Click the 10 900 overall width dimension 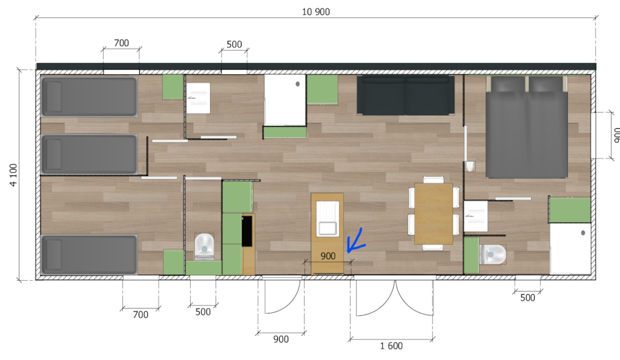(315, 12)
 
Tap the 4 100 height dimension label (13, 175)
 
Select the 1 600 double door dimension (391, 346)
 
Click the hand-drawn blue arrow (355, 241)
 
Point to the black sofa (406, 95)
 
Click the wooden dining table (434, 214)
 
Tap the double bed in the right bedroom (526, 127)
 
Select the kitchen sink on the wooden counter (328, 218)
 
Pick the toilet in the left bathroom (204, 246)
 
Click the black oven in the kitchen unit (247, 231)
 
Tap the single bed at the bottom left (90, 255)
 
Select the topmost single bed (90, 97)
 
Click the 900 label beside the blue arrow (328, 256)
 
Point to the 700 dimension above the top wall (121, 43)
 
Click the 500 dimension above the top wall (234, 45)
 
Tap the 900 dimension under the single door (281, 339)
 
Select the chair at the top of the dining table (434, 180)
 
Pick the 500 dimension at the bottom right (527, 298)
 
